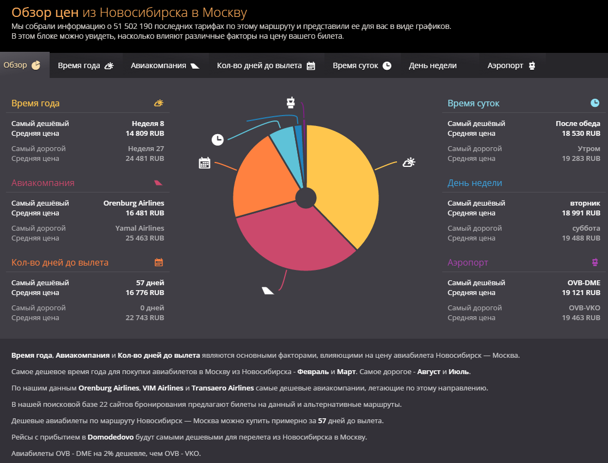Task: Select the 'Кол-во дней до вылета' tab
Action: tap(266, 65)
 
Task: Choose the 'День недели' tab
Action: tap(433, 65)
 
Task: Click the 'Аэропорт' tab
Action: tap(511, 65)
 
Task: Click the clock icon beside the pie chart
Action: tap(218, 140)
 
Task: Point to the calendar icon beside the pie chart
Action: tap(204, 163)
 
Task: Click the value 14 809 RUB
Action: tap(145, 134)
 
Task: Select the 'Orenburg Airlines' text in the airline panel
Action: tap(134, 203)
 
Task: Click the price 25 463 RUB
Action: tap(145, 238)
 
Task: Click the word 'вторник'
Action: tap(585, 203)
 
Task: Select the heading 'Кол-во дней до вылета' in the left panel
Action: tap(60, 263)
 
